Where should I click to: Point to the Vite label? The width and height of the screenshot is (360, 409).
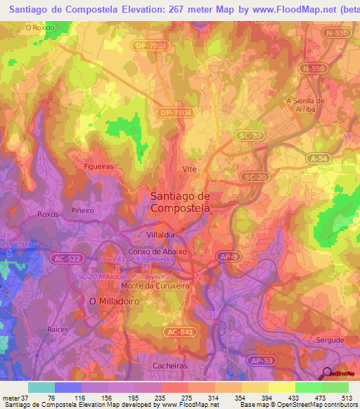pyautogui.click(x=189, y=169)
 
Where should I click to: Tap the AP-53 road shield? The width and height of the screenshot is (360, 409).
pyautogui.click(x=260, y=361)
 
